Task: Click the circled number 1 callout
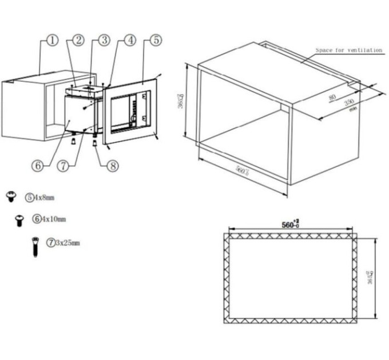click(x=52, y=41)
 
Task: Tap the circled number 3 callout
click(x=104, y=41)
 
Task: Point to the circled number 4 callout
click(x=130, y=41)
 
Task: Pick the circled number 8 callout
click(x=112, y=165)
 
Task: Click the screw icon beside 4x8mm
click(x=10, y=197)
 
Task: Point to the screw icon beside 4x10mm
click(x=19, y=219)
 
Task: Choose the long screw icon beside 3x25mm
click(x=35, y=246)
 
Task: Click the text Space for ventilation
click(x=349, y=50)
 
